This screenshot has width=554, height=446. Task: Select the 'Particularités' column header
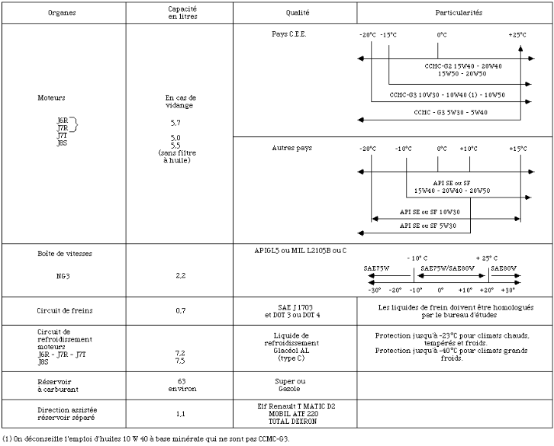(459, 14)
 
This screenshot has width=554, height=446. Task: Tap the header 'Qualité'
(298, 14)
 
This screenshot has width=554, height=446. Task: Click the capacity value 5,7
(176, 122)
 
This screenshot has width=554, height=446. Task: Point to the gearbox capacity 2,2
(181, 275)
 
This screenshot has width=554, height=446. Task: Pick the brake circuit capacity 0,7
(181, 311)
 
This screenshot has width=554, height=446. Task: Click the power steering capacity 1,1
(181, 414)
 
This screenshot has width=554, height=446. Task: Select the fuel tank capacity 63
(181, 380)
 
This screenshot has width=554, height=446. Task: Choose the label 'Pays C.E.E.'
(289, 34)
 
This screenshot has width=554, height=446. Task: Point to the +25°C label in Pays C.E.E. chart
(518, 35)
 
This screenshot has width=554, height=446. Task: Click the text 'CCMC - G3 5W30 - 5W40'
(450, 112)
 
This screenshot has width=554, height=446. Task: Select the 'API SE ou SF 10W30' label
(430, 211)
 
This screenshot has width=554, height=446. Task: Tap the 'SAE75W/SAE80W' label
(448, 268)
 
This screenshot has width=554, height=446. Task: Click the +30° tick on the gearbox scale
(508, 290)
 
